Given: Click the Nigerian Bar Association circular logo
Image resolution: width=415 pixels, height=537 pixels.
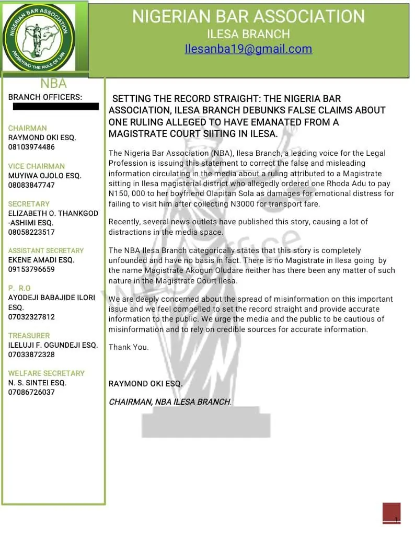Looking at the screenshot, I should [39, 37].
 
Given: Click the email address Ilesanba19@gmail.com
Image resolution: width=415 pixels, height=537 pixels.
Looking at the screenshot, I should [248, 49].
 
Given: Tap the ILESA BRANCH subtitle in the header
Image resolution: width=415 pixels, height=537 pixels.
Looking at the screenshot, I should [248, 35].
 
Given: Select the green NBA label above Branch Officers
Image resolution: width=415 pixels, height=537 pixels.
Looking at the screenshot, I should [53, 84].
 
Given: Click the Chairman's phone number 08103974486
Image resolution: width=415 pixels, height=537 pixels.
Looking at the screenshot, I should [31, 147].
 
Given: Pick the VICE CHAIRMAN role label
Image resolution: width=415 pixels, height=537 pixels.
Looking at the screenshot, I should [37, 166].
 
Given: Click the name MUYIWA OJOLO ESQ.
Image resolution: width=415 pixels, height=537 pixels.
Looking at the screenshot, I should [45, 176].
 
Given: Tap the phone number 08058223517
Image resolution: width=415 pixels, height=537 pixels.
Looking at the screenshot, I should [31, 232].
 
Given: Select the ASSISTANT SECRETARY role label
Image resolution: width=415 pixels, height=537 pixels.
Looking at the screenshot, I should [46, 250].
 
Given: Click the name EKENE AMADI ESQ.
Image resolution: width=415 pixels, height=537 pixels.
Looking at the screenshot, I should [41, 260].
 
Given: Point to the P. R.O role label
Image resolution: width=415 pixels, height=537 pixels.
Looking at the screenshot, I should [19, 288].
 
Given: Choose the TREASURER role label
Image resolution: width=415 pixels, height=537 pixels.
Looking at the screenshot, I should [29, 335].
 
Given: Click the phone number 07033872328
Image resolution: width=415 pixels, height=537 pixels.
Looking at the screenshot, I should [31, 355].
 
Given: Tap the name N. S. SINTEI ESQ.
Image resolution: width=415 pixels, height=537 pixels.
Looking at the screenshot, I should [37, 383].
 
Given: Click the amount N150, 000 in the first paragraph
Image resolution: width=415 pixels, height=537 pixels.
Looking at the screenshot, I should [128, 193].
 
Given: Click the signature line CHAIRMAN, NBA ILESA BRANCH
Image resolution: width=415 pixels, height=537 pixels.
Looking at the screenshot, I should [170, 402].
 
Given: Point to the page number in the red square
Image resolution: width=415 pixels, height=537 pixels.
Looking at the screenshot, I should [396, 520].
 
